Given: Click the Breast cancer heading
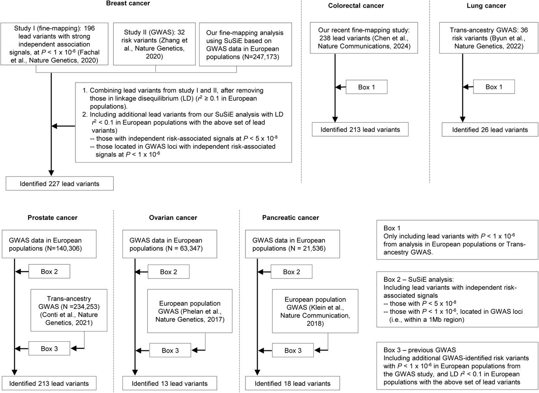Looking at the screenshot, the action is pyautogui.click(x=128, y=3).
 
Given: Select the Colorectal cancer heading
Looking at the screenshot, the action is pyautogui.click(x=356, y=5).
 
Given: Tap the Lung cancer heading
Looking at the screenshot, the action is pyautogui.click(x=486, y=5).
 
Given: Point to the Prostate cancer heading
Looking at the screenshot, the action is pyautogui.click(x=53, y=217).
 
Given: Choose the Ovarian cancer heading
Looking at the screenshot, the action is pyautogui.click(x=173, y=217).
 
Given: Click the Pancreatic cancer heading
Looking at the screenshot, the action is pyautogui.click(x=291, y=217).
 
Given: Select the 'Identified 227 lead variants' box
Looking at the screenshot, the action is pyautogui.click(x=60, y=184).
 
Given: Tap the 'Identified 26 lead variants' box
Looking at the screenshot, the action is pyautogui.click(x=490, y=130).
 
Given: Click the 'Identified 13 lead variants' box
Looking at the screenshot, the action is pyautogui.click(x=170, y=383).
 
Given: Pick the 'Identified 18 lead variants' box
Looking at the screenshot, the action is pyautogui.click(x=293, y=383).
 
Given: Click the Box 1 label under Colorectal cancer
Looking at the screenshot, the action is pyautogui.click(x=366, y=87).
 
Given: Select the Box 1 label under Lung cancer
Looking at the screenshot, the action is pyautogui.click(x=494, y=87).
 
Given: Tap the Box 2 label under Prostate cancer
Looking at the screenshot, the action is pyautogui.click(x=49, y=271).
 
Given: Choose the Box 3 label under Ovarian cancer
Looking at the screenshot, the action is pyautogui.click(x=171, y=350).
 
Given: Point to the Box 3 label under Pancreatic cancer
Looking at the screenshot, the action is pyautogui.click(x=293, y=350).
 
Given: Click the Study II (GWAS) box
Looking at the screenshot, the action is pyautogui.click(x=155, y=44).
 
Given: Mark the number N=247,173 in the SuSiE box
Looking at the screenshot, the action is pyautogui.click(x=260, y=57).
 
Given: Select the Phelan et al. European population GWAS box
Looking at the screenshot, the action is pyautogui.click(x=190, y=311).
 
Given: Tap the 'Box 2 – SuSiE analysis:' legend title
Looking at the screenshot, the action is pyautogui.click(x=419, y=279).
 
